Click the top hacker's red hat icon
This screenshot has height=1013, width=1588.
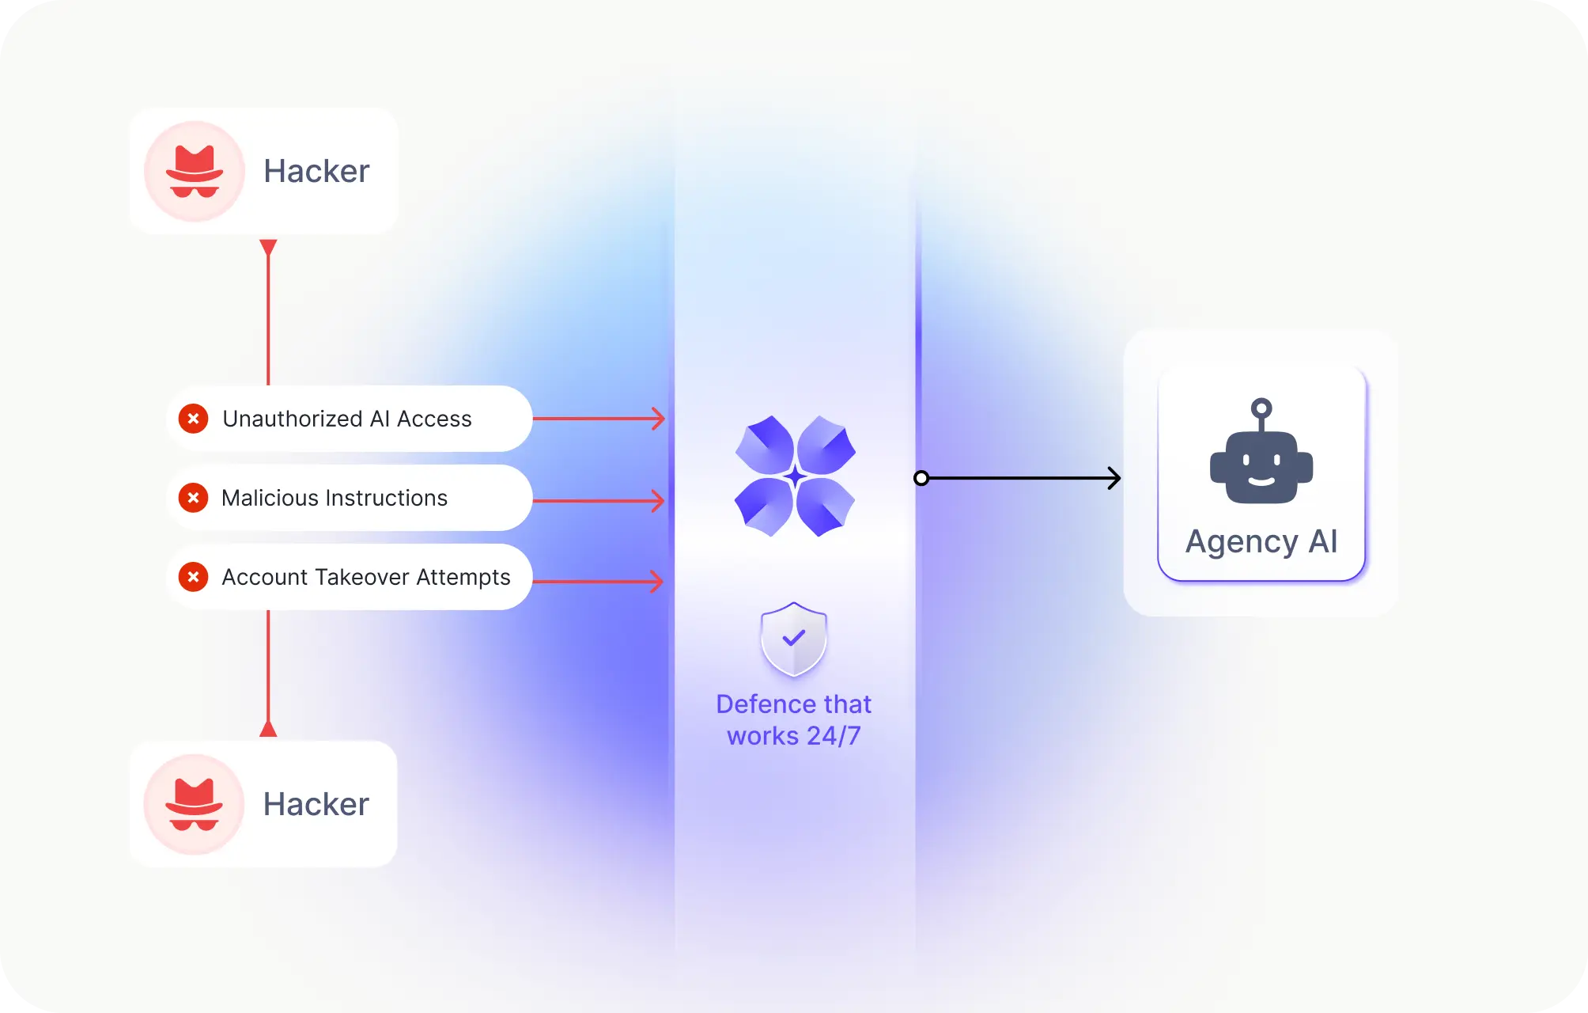(x=195, y=171)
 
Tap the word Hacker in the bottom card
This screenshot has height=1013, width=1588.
(x=316, y=804)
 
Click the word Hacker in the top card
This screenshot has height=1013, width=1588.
(x=316, y=171)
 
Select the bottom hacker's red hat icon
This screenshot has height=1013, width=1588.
(x=195, y=804)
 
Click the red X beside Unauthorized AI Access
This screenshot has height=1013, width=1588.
(x=193, y=419)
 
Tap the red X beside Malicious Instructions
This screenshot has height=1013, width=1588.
(x=193, y=498)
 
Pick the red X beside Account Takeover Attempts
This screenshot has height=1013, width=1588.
(x=193, y=577)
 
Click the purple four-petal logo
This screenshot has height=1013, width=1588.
(x=795, y=476)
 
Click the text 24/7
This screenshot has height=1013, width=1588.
(x=834, y=736)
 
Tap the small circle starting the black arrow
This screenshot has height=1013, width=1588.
(x=921, y=478)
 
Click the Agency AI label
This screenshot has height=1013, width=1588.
(x=1261, y=542)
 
